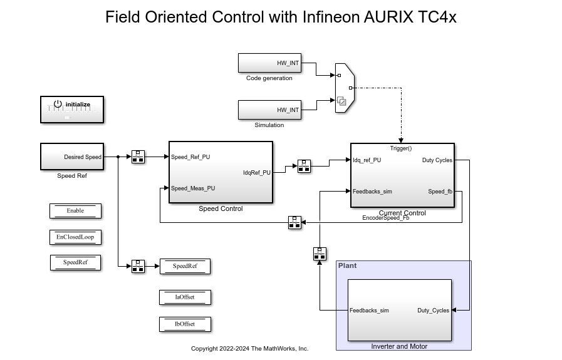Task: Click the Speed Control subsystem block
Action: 221,172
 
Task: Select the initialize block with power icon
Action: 72,110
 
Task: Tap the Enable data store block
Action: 75,211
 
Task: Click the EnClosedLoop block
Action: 75,237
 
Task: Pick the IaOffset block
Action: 185,297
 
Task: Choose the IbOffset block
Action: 185,324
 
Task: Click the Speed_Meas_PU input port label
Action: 193,188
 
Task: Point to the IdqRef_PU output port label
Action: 257,173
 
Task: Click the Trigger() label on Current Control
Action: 401,148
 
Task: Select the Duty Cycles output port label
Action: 437,160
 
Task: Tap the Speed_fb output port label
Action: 440,192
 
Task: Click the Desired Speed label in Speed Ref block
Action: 82,157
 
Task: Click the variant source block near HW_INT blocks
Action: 344,88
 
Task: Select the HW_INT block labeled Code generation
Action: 269,63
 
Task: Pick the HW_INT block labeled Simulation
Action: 269,110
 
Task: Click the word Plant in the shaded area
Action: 347,265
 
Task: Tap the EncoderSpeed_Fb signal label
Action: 385,218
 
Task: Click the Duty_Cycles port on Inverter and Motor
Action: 433,311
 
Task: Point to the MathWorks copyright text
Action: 249,349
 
